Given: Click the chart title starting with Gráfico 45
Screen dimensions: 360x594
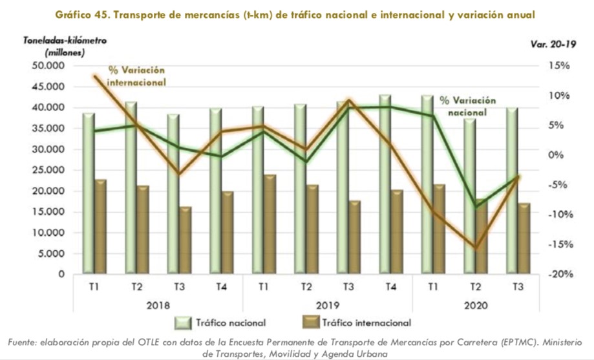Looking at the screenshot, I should (297, 14).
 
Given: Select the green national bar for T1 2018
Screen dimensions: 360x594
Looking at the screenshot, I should (89, 194).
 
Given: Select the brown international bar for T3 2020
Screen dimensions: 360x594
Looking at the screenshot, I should (524, 238).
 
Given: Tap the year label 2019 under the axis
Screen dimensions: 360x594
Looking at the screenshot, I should (328, 304).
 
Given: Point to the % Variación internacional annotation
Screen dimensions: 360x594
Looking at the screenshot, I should (136, 76).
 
